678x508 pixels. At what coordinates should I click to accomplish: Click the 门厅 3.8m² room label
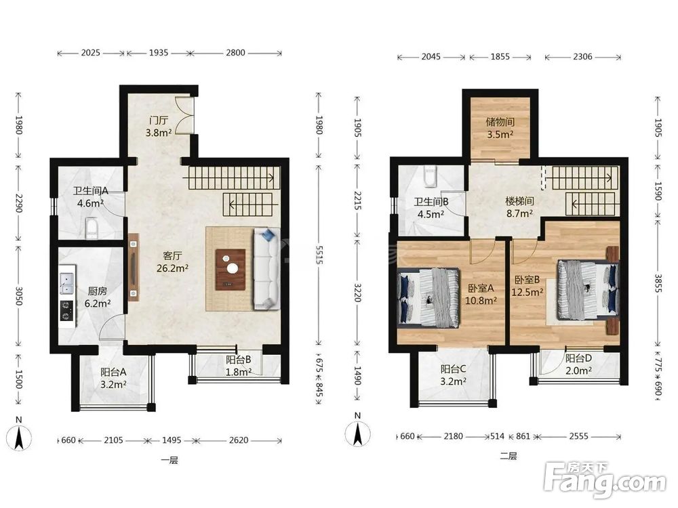click(158, 127)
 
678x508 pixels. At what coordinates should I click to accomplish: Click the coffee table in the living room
click(231, 270)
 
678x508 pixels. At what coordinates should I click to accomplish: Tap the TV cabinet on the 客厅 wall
click(133, 268)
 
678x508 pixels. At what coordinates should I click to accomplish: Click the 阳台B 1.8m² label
click(238, 366)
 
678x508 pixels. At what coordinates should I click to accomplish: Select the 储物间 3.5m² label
click(500, 128)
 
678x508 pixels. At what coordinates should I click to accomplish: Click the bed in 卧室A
click(428, 297)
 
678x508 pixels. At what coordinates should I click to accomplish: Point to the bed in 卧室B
click(588, 289)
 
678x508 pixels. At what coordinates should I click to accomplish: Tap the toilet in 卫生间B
click(431, 177)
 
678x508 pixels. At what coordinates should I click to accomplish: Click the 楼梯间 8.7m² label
click(519, 207)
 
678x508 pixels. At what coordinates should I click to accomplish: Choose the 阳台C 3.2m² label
click(453, 375)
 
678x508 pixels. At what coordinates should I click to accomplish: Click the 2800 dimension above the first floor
click(235, 53)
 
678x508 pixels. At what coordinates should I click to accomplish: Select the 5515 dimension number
click(319, 255)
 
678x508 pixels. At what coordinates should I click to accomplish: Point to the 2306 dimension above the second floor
click(582, 57)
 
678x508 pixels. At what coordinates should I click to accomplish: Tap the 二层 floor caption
click(509, 456)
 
